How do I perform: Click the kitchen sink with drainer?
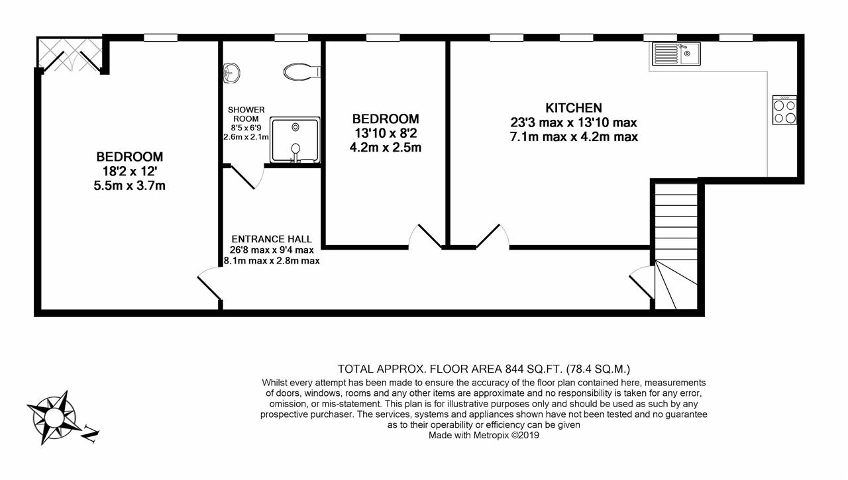coord(676,54)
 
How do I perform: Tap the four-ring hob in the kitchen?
coord(784,110)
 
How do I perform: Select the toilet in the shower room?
coord(302,72)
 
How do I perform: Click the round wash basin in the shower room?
coord(231,73)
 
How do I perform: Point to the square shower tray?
coord(295,140)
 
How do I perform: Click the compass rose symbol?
coord(54,418)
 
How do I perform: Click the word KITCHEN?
coord(574,108)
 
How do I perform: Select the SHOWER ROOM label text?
coord(246,115)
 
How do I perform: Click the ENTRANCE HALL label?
coord(272,239)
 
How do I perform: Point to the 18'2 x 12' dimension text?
coord(130,171)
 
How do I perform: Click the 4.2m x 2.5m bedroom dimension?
coord(386,148)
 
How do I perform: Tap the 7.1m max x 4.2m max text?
coord(574,136)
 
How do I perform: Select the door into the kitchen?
coord(492,236)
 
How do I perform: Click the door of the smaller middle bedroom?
coord(425,236)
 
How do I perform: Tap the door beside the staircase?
coord(642,282)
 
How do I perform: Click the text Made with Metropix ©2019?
coord(484,436)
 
